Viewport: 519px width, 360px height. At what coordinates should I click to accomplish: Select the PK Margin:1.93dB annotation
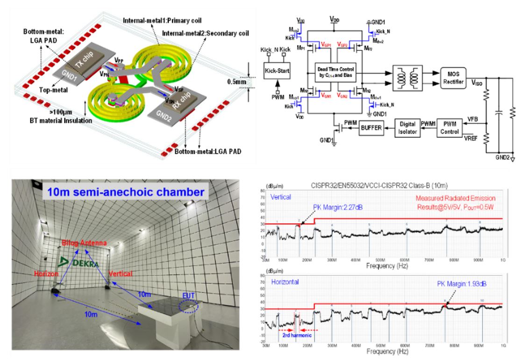[x=452, y=283]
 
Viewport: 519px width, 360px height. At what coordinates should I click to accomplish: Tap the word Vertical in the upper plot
[x=280, y=198]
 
